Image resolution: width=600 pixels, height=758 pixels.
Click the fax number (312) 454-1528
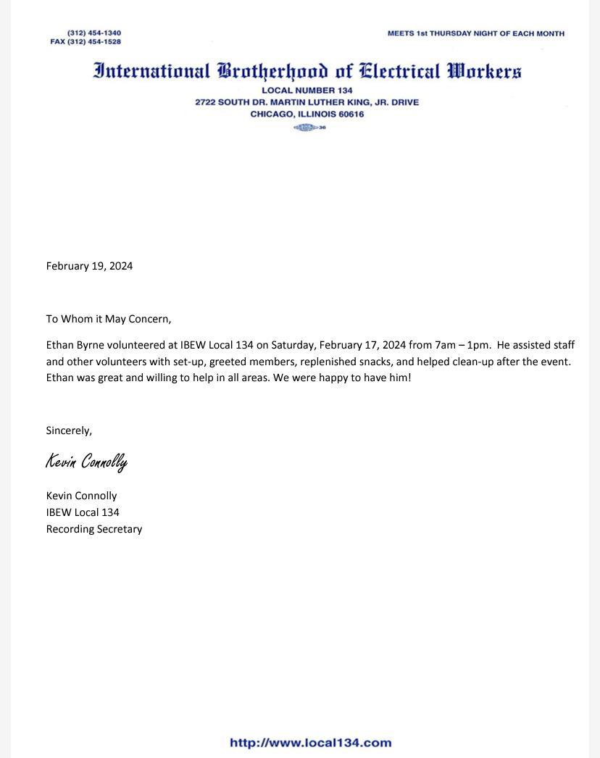[x=93, y=42]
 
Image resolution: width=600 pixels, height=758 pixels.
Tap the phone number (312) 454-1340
[x=94, y=33]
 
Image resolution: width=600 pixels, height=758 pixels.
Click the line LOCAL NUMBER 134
[x=307, y=91]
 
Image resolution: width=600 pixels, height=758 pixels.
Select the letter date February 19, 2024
[x=89, y=266]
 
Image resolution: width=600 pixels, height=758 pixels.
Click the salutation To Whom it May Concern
[x=109, y=319]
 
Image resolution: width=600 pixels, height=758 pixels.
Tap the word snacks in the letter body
[x=375, y=361]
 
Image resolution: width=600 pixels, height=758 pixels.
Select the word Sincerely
[x=69, y=430]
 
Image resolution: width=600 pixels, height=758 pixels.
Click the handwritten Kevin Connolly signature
[x=86, y=462]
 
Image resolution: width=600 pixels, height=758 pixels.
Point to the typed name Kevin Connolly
[x=81, y=496]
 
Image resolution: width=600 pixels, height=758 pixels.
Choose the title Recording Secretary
[x=94, y=529]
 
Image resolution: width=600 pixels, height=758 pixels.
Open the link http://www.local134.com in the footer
[x=310, y=743]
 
